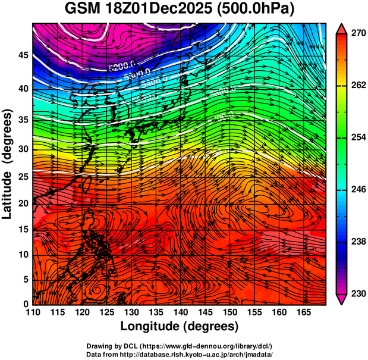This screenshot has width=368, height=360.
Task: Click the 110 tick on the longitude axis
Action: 33,313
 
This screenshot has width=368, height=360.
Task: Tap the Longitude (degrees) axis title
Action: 180,326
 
